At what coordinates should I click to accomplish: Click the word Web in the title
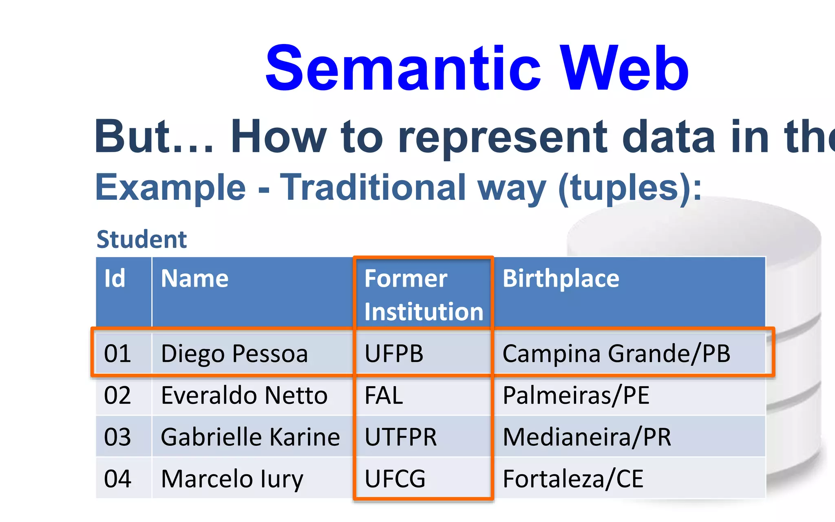624,69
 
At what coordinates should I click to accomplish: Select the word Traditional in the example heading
373,188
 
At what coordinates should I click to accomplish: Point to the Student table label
141,239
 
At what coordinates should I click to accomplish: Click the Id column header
115,279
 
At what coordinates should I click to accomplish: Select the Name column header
194,279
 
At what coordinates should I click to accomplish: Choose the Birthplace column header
561,279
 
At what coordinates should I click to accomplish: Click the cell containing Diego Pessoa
234,353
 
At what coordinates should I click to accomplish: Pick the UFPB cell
394,353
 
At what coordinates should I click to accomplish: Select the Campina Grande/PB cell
616,353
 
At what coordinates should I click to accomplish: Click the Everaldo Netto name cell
244,395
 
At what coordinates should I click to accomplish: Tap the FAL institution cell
384,395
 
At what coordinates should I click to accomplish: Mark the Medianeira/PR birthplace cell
587,437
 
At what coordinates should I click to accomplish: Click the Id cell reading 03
117,437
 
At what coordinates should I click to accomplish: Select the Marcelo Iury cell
232,479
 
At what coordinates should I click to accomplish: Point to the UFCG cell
395,479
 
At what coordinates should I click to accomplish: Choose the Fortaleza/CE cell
573,479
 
